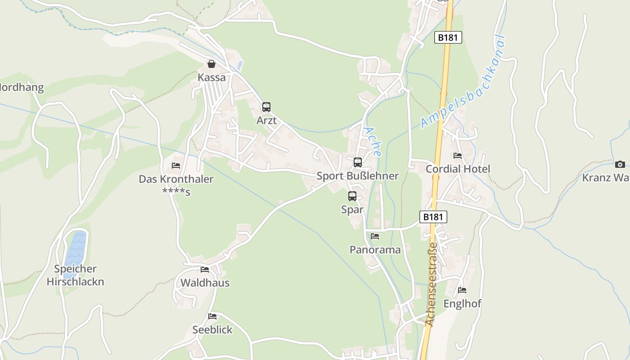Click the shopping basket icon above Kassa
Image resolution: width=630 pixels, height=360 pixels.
tap(211, 64)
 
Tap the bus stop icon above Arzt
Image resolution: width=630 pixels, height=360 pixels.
tap(266, 107)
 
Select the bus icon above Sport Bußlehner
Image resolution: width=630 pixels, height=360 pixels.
tap(358, 162)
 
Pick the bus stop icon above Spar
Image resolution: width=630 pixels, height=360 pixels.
tap(352, 196)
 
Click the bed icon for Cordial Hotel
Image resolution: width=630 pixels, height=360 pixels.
tap(458, 156)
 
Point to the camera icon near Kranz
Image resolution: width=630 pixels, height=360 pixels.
tap(620, 164)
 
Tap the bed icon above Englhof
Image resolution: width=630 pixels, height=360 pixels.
tap(462, 290)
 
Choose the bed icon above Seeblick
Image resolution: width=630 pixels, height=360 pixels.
tap(212, 316)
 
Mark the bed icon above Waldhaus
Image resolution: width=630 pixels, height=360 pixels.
tap(205, 270)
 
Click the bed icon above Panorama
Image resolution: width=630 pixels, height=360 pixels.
tap(375, 236)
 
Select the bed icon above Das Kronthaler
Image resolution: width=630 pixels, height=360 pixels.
tap(176, 166)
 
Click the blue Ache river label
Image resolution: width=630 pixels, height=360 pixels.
tap(373, 141)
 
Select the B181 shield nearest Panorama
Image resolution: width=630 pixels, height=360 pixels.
tap(433, 217)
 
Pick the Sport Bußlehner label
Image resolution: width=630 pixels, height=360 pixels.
tap(358, 176)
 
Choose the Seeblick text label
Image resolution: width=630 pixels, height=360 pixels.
tap(212, 330)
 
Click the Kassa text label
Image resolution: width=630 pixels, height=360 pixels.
tap(211, 77)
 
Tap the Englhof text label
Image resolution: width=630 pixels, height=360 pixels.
tap(463, 304)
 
